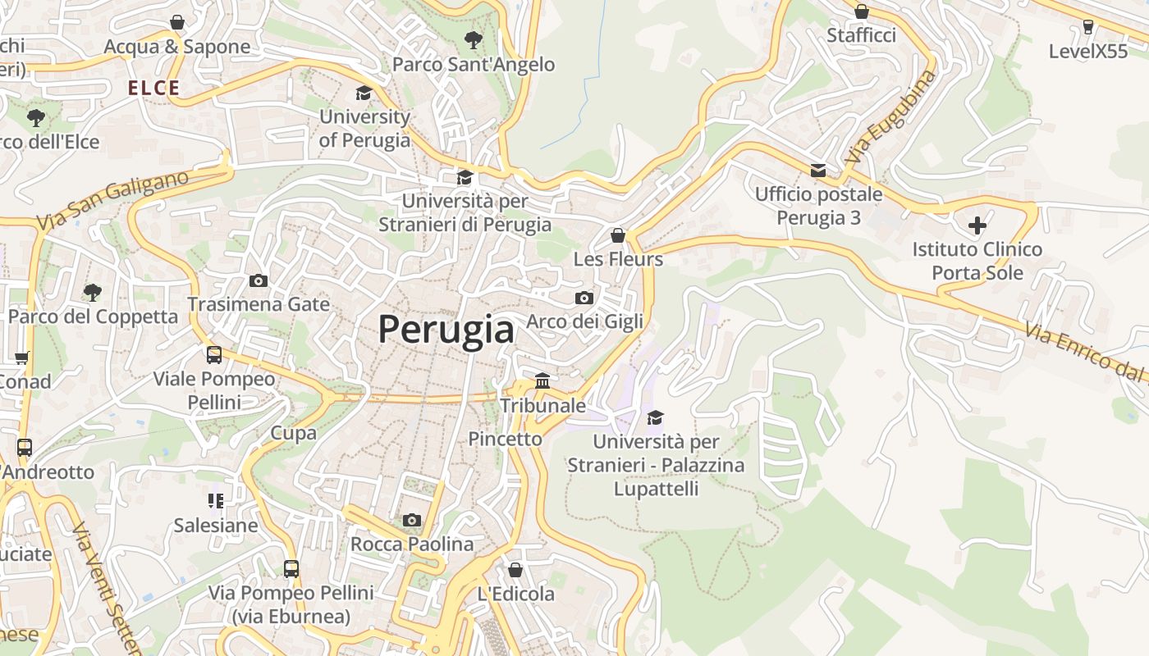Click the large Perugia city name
click(x=446, y=330)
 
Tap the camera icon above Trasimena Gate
click(x=259, y=281)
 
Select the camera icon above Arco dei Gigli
click(x=584, y=298)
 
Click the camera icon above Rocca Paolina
click(x=412, y=521)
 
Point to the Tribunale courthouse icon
click(x=542, y=381)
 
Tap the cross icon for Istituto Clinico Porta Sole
click(x=977, y=225)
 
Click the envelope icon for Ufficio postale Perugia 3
click(x=818, y=171)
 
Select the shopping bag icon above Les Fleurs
click(x=618, y=236)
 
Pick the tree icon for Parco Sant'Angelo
click(x=473, y=39)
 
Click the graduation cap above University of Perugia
click(x=364, y=93)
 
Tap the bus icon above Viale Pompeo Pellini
click(x=214, y=355)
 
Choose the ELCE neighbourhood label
click(x=153, y=89)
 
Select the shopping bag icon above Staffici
click(x=862, y=11)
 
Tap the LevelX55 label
click(x=1088, y=51)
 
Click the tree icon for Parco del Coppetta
click(x=93, y=292)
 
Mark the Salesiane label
click(x=216, y=525)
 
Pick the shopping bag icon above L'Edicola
click(x=515, y=570)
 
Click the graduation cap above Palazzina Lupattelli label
click(x=655, y=418)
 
